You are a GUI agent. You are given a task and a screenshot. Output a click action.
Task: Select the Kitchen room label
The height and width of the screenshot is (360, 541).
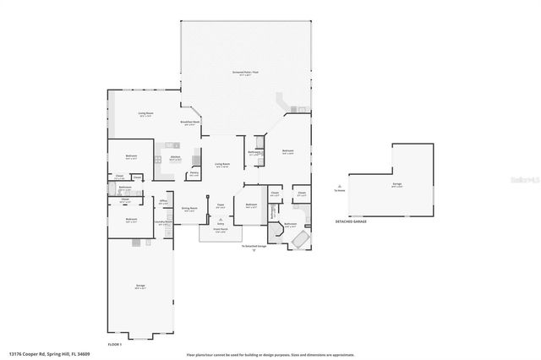[175, 157]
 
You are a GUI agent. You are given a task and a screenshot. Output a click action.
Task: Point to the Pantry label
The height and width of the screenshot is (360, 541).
[194, 173]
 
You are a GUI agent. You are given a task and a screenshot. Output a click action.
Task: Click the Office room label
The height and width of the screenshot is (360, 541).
[163, 200]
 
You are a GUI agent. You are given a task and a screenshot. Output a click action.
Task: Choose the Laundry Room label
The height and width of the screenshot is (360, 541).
[163, 222]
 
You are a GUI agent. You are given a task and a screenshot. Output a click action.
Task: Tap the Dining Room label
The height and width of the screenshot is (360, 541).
[189, 208]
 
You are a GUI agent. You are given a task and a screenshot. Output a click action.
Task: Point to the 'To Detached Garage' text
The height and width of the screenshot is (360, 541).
[254, 246]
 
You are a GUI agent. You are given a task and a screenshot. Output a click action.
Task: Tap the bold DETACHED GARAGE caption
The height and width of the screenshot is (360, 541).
[351, 221]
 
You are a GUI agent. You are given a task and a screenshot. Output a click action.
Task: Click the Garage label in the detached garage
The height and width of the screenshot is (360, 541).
[396, 184]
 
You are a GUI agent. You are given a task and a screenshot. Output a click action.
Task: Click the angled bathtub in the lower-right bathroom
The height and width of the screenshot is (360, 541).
[298, 240]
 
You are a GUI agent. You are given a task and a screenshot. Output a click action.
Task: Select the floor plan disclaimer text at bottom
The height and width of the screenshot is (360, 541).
[270, 355]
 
